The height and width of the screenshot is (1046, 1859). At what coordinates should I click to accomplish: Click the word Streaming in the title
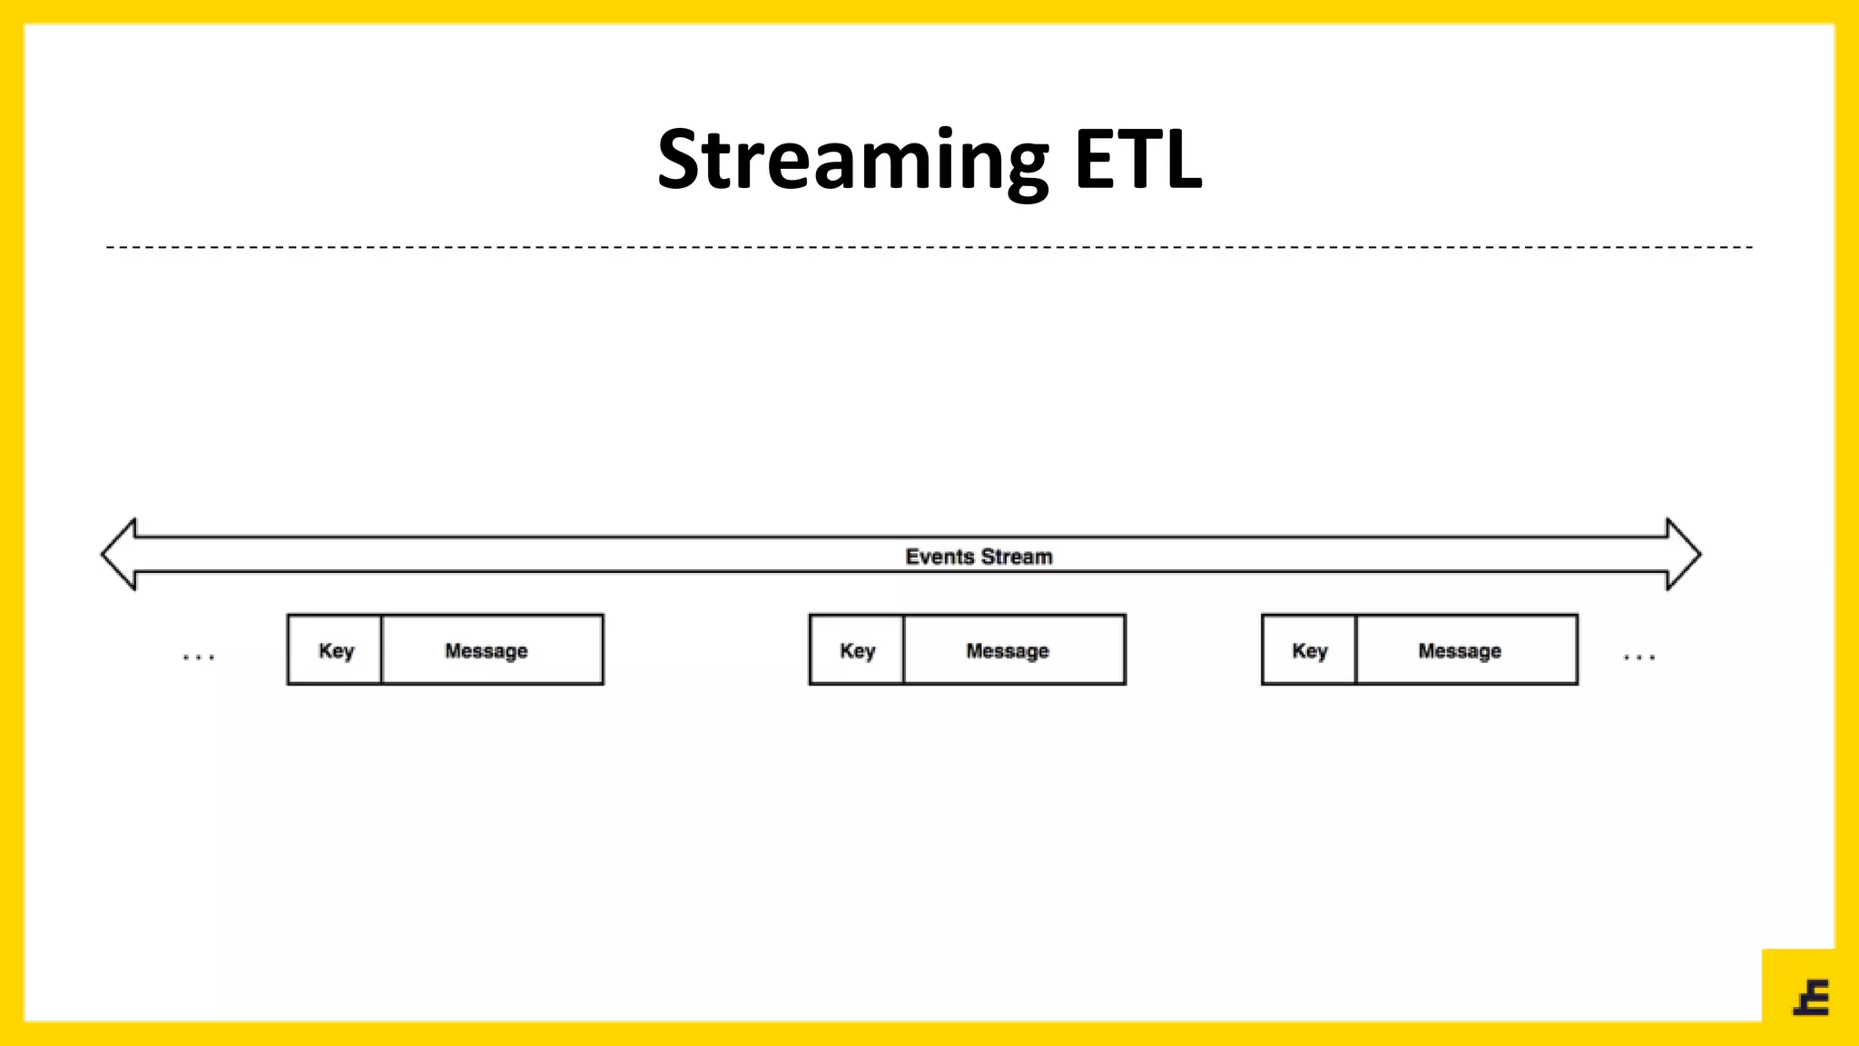[851, 161]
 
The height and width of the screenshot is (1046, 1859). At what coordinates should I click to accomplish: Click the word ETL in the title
[1138, 161]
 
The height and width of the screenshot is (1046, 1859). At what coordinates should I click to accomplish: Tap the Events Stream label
[979, 557]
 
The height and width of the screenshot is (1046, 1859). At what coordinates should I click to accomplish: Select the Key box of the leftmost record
[335, 650]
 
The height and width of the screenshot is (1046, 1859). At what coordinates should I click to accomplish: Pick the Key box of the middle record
[857, 650]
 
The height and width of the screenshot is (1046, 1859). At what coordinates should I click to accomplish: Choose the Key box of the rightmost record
[1309, 650]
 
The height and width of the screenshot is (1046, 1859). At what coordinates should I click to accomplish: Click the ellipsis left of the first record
[198, 656]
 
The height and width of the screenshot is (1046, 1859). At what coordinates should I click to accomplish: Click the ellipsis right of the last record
[1639, 656]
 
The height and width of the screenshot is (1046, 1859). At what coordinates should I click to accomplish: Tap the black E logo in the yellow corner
[1812, 998]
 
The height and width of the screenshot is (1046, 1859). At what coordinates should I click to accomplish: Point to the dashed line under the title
[929, 247]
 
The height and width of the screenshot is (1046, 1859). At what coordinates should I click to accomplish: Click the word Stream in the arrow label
[1017, 557]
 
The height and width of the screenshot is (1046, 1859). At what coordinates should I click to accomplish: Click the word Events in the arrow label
[939, 557]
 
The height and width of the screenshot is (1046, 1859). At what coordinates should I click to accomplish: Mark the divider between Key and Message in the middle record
[903, 650]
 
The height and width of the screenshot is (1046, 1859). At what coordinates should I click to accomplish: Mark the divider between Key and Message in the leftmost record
[381, 650]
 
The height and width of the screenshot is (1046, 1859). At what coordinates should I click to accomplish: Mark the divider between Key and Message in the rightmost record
[1355, 650]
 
